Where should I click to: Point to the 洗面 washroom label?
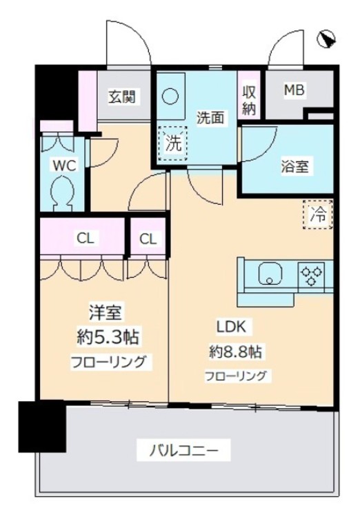tap(210, 118)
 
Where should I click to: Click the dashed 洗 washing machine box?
tap(174, 145)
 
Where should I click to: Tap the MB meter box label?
tap(296, 90)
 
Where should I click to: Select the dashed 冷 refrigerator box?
tap(318, 214)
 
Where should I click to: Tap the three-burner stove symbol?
tap(310, 275)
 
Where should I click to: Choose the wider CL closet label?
tap(85, 239)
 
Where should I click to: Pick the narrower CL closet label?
tap(148, 239)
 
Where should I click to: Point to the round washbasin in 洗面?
tap(169, 97)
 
